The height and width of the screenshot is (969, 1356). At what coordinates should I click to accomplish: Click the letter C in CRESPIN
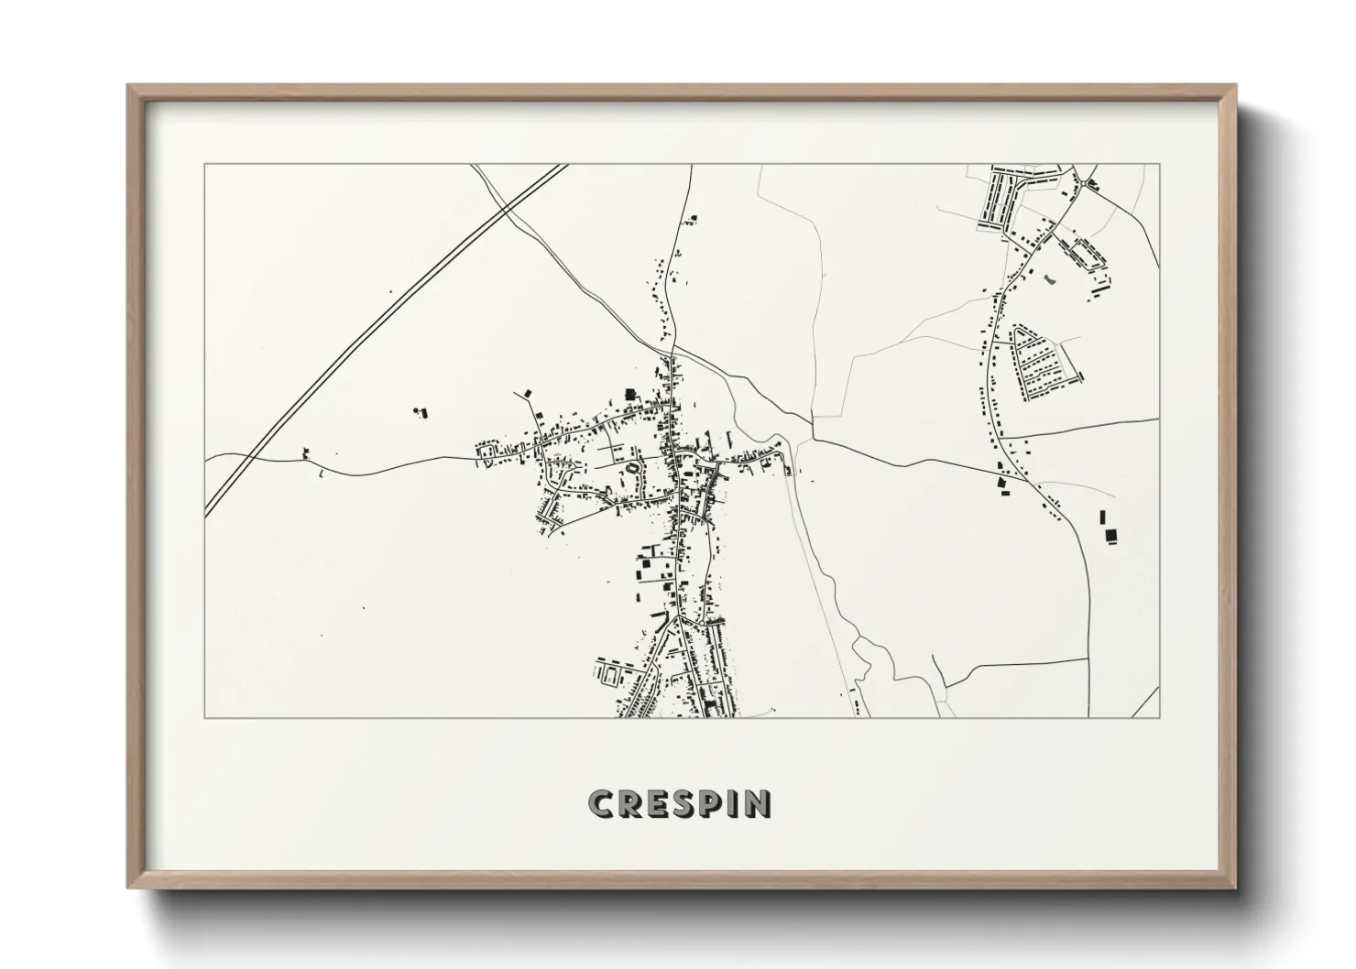(601, 804)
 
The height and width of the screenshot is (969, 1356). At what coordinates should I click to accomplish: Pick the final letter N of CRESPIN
(759, 804)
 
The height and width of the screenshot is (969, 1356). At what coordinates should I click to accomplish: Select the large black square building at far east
(1112, 535)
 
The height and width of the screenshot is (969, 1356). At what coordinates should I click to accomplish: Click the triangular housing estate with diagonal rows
(1042, 362)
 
